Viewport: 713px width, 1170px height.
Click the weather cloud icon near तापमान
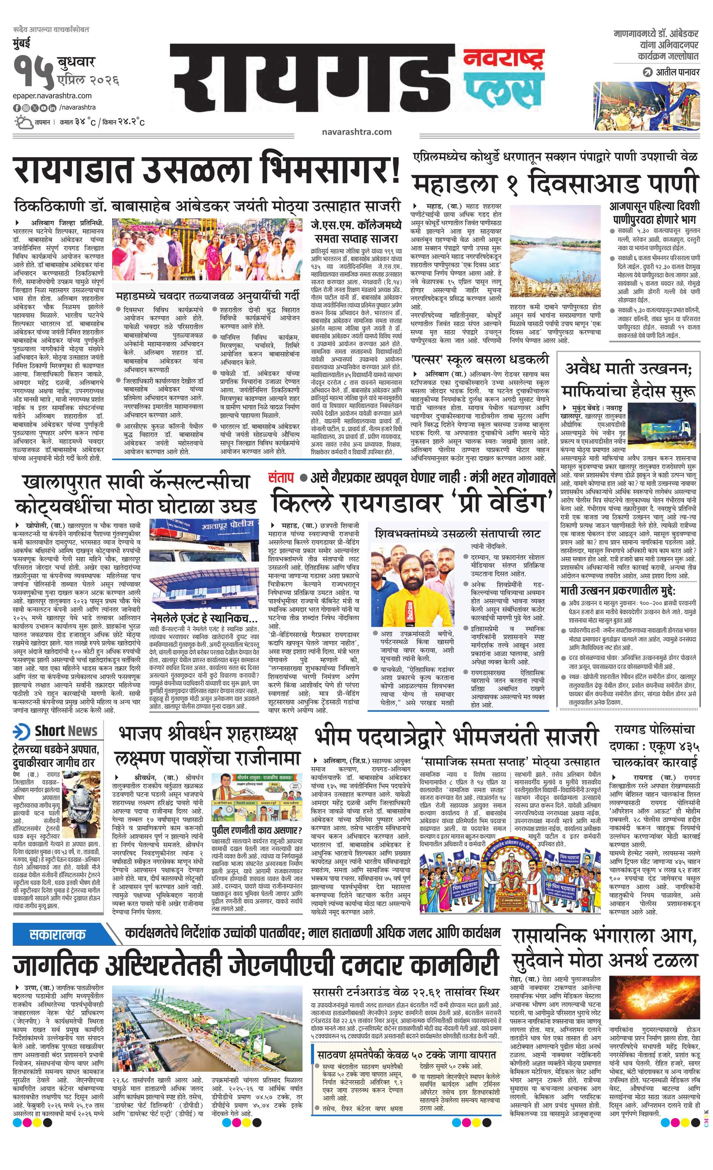[22, 122]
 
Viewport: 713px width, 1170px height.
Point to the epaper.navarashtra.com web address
[52, 96]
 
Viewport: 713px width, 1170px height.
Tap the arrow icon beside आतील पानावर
[647, 72]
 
